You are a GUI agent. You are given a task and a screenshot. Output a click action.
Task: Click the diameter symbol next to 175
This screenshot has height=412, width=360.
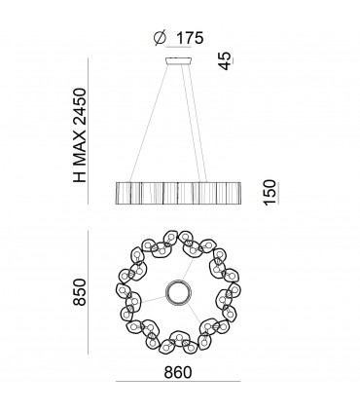pos(160,38)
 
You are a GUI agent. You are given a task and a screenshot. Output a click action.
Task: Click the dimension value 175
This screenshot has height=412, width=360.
pos(190,38)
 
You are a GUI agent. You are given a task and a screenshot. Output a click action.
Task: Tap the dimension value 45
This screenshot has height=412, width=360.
pos(226,60)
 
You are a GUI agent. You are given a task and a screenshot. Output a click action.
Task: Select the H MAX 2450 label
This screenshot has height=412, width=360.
pos(80,134)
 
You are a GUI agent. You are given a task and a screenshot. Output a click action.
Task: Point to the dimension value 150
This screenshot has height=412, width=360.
pos(270,192)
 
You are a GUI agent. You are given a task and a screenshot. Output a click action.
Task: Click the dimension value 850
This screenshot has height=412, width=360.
pos(80,292)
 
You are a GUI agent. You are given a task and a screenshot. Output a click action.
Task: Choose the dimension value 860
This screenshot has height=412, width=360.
pos(178,372)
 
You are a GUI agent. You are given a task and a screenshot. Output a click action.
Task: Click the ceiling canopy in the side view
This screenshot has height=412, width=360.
pos(178,61)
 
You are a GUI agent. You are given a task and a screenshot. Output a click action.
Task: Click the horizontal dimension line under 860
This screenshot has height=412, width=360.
pos(178,382)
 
